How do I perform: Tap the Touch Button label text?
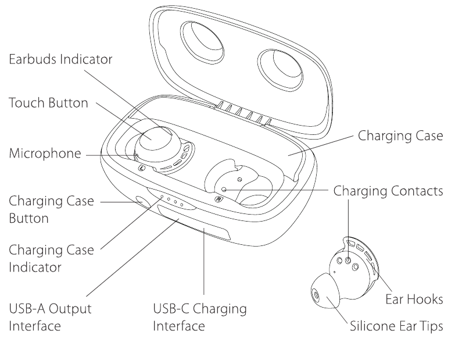click(48, 104)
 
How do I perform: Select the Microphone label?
click(44, 155)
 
